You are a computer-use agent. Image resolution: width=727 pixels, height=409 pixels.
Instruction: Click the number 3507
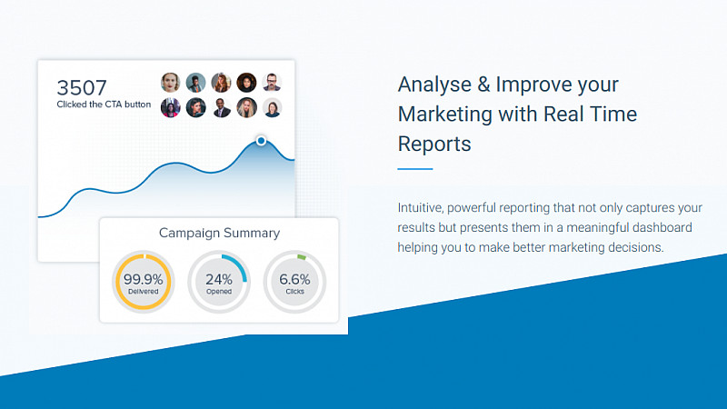pos(82,87)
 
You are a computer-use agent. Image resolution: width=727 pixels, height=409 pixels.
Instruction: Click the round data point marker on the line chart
pos(261,141)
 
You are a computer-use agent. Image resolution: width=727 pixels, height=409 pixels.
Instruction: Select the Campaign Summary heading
pos(219,233)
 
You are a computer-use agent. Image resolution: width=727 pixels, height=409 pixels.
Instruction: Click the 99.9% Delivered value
pos(144,279)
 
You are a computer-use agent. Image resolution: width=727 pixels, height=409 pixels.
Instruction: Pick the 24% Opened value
pos(219,279)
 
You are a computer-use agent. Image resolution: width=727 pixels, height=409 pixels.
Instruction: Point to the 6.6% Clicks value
pos(294,279)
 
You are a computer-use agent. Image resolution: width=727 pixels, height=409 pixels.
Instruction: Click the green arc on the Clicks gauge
pos(302,256)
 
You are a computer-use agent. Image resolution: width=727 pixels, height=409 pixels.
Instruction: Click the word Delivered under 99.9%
pos(144,292)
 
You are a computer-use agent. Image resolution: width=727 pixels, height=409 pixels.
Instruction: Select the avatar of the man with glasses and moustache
pos(272,83)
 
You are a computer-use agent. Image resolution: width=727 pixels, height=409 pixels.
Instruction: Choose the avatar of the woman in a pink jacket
pos(171,108)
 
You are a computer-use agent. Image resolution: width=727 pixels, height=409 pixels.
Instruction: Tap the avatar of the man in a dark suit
pos(221,108)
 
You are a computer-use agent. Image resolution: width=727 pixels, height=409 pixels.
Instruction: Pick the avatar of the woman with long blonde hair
pos(246,108)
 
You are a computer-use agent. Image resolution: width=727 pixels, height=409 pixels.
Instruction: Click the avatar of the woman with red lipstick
pos(171,83)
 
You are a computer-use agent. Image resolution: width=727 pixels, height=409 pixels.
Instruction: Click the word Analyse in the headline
pos(435,85)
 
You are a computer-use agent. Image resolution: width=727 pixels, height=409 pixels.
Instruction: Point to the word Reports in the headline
pos(434,145)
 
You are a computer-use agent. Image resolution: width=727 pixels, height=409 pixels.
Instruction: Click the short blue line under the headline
pos(415,169)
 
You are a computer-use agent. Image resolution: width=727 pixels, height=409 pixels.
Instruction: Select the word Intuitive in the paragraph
pos(421,208)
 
